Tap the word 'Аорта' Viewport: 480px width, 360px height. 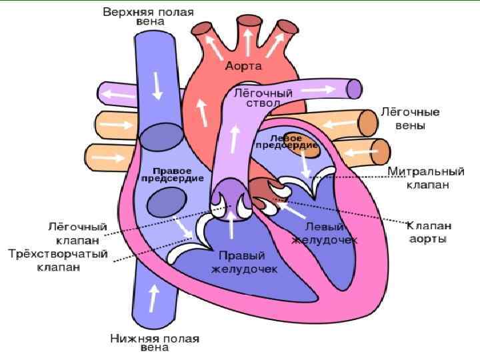click(x=243, y=67)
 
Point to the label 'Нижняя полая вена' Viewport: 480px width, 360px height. click(x=155, y=343)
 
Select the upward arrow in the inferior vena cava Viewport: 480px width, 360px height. click(x=155, y=298)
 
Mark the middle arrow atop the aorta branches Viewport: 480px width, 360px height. click(x=248, y=43)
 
